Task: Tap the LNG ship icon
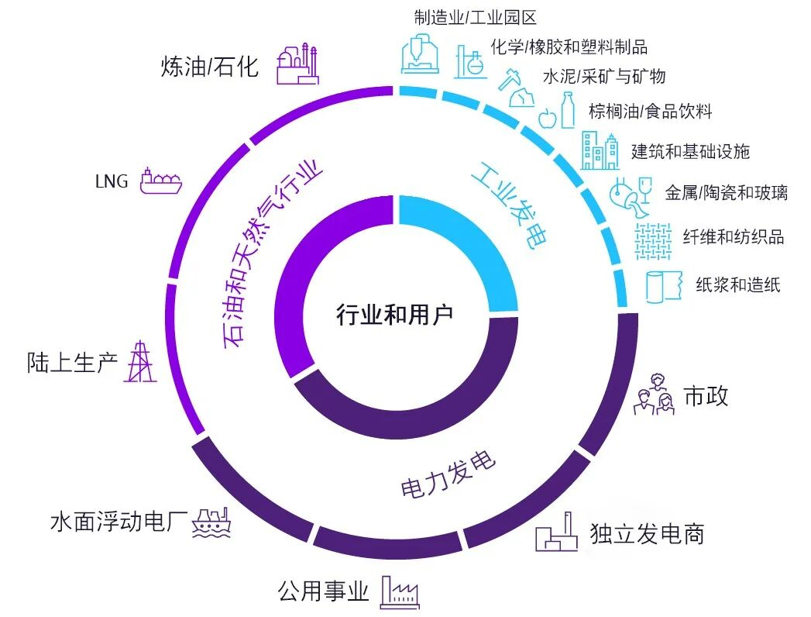[160, 180]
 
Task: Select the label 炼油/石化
[209, 67]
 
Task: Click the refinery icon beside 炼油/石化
[297, 63]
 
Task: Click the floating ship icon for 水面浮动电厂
[211, 523]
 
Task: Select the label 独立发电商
[647, 533]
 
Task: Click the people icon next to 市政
[654, 395]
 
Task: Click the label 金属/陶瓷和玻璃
[726, 193]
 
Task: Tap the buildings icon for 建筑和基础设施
[600, 150]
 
